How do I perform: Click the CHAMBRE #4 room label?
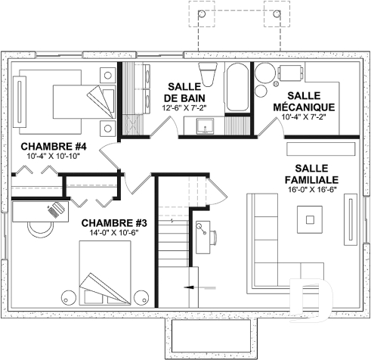[x=54, y=146]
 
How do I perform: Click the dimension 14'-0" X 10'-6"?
[x=114, y=234]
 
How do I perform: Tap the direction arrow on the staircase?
[x=190, y=287]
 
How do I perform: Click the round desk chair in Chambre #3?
[x=33, y=226]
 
